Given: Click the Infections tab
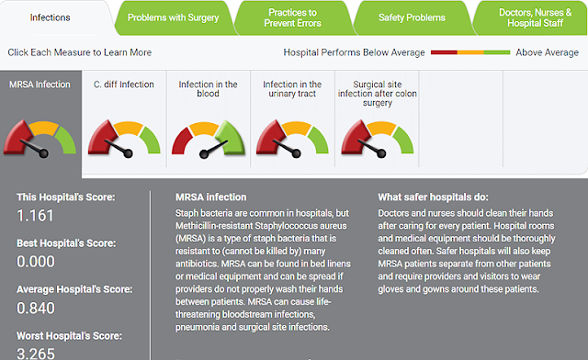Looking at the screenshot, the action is click(50, 17).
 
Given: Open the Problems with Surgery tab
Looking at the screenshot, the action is click(174, 17).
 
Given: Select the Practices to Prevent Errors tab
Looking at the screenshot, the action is click(292, 17).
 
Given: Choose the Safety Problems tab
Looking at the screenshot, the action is click(412, 17).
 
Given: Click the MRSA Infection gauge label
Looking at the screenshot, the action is click(40, 84).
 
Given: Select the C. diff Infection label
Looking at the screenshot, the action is click(124, 84).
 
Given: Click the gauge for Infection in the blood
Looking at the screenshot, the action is click(209, 139).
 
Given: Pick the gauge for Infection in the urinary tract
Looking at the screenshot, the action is click(292, 139).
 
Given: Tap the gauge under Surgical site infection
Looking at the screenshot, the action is click(378, 139).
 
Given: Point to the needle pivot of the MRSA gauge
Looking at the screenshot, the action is click(43, 153).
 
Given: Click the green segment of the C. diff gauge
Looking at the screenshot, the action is click(151, 141).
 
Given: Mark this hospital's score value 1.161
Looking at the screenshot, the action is click(35, 216).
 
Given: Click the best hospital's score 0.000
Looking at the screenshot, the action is click(36, 262).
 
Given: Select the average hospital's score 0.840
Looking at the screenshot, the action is click(36, 308).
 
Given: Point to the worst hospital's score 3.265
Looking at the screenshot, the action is click(36, 354).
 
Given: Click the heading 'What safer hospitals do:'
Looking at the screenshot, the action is click(433, 197).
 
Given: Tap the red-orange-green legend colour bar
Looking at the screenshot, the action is click(470, 52).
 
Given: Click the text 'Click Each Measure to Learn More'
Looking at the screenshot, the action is click(80, 52).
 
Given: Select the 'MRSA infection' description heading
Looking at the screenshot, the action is click(211, 197).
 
